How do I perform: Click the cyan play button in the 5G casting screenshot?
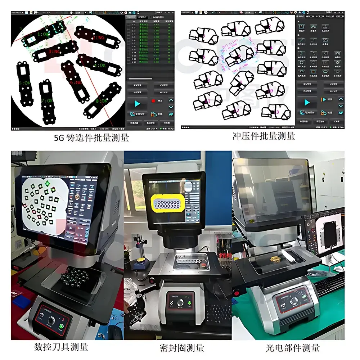[x=137, y=104]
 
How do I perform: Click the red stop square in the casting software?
[x=153, y=101]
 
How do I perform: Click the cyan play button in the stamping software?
[x=307, y=103]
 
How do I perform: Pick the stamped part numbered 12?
[x=236, y=110]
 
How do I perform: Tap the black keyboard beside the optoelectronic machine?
[x=329, y=284]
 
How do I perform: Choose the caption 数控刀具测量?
[x=61, y=347]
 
